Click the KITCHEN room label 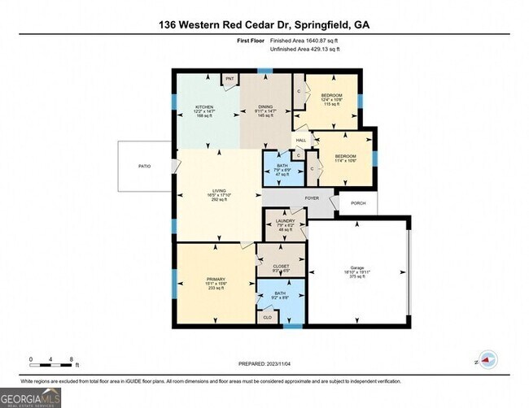pyautogui.click(x=203, y=106)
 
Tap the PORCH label pyautogui.click(x=357, y=203)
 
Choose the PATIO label pyautogui.click(x=144, y=166)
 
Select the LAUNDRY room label pyautogui.click(x=284, y=220)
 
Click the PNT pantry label pyautogui.click(x=230, y=79)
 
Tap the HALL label pyautogui.click(x=300, y=140)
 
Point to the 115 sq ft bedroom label pyautogui.click(x=331, y=96)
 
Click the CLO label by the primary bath pyautogui.click(x=266, y=317)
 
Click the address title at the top pyautogui.click(x=264, y=25)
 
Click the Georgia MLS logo pyautogui.click(x=31, y=397)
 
